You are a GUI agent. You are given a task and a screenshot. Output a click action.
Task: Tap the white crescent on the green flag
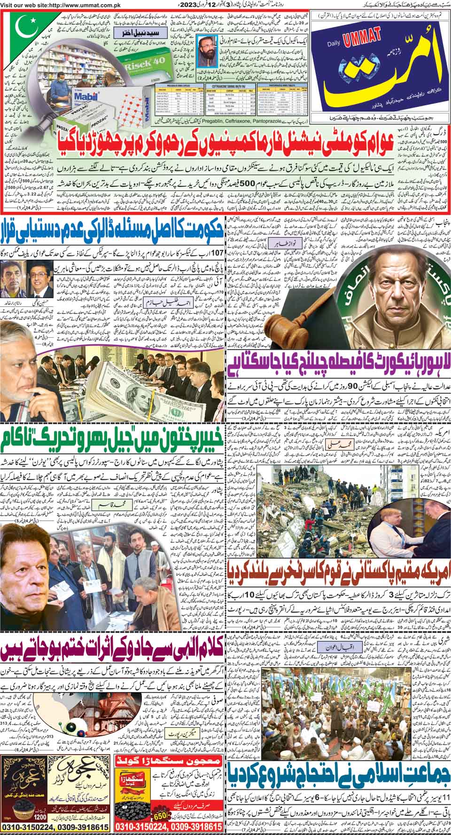coord(28,29)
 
